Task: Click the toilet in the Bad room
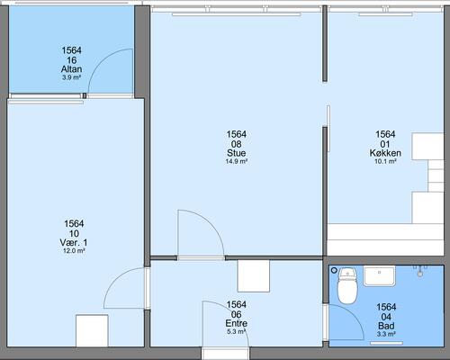(347, 286)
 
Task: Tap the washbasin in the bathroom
(380, 276)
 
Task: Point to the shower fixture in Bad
(420, 270)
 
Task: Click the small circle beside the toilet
(334, 271)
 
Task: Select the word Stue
(237, 153)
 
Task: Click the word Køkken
(385, 153)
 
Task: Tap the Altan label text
(71, 69)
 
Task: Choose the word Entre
(237, 323)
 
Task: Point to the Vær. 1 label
(74, 242)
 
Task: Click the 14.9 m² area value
(237, 161)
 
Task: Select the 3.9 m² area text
(71, 77)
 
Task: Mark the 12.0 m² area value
(74, 251)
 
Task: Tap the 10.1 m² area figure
(385, 161)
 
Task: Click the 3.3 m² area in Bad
(386, 334)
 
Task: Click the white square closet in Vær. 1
(92, 330)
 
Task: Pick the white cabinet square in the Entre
(254, 276)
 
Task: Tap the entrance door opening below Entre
(225, 353)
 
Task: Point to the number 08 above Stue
(237, 144)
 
